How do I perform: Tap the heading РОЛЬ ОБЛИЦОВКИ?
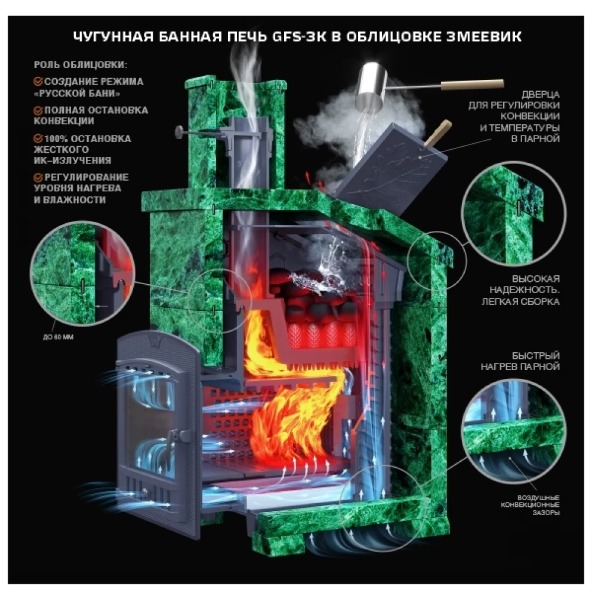point(81,65)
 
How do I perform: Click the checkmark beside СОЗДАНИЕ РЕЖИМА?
point(38,82)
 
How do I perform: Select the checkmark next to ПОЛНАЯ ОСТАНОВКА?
point(38,110)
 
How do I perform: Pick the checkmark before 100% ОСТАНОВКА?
point(38,139)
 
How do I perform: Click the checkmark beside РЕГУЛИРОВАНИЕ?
point(38,177)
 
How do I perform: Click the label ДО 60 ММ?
point(58,337)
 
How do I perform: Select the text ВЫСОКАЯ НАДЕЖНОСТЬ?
point(525,285)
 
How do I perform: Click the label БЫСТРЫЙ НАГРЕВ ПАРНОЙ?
point(520,361)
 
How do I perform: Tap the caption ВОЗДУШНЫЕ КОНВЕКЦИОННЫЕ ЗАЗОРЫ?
point(530,505)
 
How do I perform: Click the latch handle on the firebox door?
point(178,437)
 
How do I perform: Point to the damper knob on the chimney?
point(179,132)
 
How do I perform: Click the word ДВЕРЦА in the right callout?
point(540,94)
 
